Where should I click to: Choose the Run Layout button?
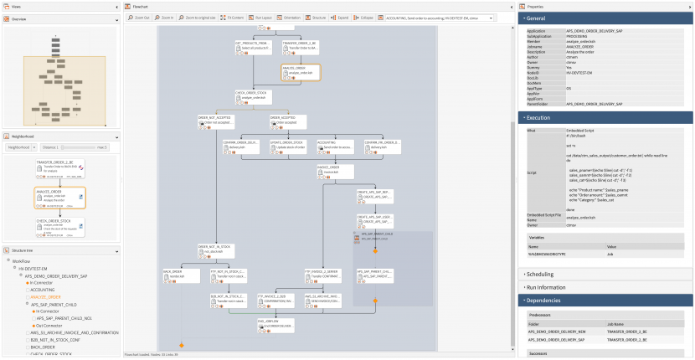[262, 16]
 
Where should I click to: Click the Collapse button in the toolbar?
[367, 16]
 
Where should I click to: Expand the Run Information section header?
[548, 286]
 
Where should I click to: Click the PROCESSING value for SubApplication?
[577, 36]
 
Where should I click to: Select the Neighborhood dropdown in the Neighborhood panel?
[20, 147]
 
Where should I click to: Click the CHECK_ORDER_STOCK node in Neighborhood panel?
[59, 226]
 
